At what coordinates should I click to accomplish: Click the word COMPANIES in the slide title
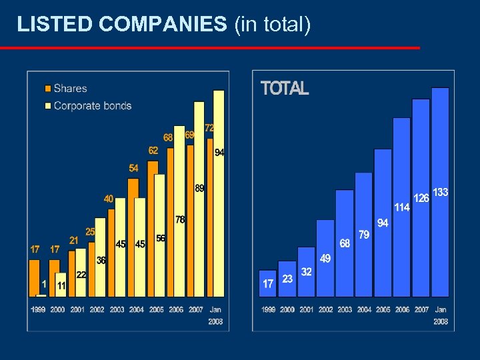[163, 25]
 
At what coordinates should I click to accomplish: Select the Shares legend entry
[70, 88]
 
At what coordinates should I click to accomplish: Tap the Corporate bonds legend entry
[92, 105]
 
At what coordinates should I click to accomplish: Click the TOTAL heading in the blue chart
[285, 89]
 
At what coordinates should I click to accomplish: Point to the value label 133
[441, 192]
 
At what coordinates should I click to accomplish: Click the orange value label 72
[209, 127]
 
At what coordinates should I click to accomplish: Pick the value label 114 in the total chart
[401, 207]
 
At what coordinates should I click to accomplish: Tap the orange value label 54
[134, 168]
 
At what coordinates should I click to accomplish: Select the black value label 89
[199, 188]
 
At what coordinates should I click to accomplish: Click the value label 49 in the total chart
[325, 258]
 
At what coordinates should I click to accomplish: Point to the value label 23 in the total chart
[287, 279]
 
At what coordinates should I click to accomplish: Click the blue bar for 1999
[268, 283]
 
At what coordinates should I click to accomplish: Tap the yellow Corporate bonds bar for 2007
[199, 200]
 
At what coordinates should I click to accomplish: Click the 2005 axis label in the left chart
[156, 309]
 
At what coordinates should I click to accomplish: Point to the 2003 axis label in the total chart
[345, 309]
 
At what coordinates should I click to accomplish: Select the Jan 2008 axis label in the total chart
[441, 315]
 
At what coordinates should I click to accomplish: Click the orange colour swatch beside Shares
[48, 88]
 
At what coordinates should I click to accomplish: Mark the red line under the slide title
[210, 48]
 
